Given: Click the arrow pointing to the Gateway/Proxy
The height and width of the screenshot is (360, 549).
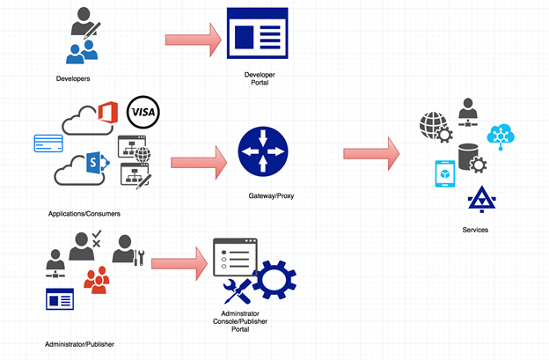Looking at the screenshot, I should tap(200, 162).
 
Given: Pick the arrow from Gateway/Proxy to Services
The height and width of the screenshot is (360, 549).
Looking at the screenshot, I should tap(370, 153).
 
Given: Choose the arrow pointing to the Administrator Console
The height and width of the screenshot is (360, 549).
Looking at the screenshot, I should tap(179, 261).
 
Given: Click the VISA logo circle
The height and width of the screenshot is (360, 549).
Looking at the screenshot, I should tap(143, 112).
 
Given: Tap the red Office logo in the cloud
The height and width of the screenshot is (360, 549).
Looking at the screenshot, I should tap(108, 114).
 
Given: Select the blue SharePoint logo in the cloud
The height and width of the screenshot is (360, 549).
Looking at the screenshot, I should tap(96, 164).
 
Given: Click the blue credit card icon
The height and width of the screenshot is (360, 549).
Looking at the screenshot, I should tap(45, 143).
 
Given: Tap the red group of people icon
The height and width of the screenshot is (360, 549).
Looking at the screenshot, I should tap(96, 280).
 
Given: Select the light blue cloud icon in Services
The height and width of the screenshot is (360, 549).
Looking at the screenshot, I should tap(503, 132).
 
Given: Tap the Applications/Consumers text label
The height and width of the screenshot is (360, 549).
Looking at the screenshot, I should tap(84, 214).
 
